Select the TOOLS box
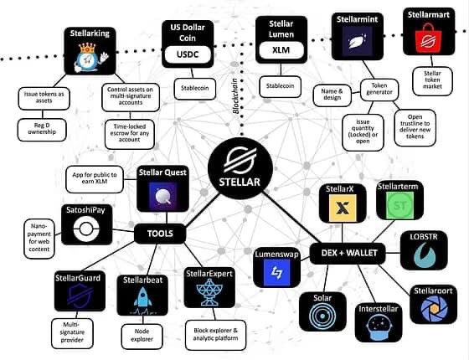pos(160,234)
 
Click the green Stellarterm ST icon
pos(394,203)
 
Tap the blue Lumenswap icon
pos(277,272)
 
